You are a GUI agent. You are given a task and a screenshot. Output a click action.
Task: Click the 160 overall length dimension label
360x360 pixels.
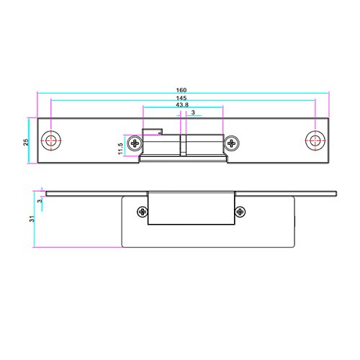click(x=181, y=90)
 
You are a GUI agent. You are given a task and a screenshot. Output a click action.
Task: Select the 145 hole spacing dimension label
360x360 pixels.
click(x=181, y=98)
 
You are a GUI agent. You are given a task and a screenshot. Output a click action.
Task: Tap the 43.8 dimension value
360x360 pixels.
click(x=182, y=105)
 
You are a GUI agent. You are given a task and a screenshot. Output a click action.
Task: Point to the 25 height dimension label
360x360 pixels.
click(x=26, y=142)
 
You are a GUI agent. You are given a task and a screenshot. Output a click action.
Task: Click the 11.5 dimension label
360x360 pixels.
click(x=120, y=149)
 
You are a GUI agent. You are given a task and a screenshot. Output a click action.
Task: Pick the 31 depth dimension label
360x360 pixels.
click(x=32, y=219)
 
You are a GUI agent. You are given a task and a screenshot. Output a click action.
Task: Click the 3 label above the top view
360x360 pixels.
click(x=193, y=112)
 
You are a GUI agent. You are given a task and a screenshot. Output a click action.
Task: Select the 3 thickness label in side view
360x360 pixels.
click(x=40, y=200)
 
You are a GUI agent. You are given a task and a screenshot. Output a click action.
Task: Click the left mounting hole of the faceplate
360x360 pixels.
click(x=51, y=141)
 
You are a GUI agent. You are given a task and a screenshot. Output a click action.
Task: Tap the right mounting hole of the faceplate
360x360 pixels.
click(x=315, y=141)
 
